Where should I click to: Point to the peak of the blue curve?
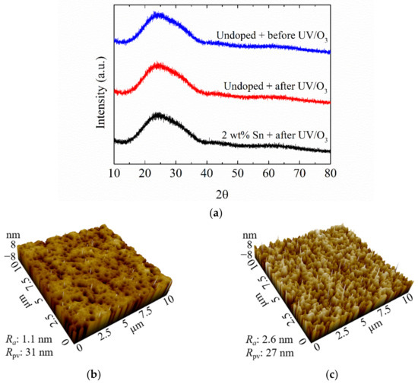pos(157,14)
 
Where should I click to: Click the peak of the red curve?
pos(158,65)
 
